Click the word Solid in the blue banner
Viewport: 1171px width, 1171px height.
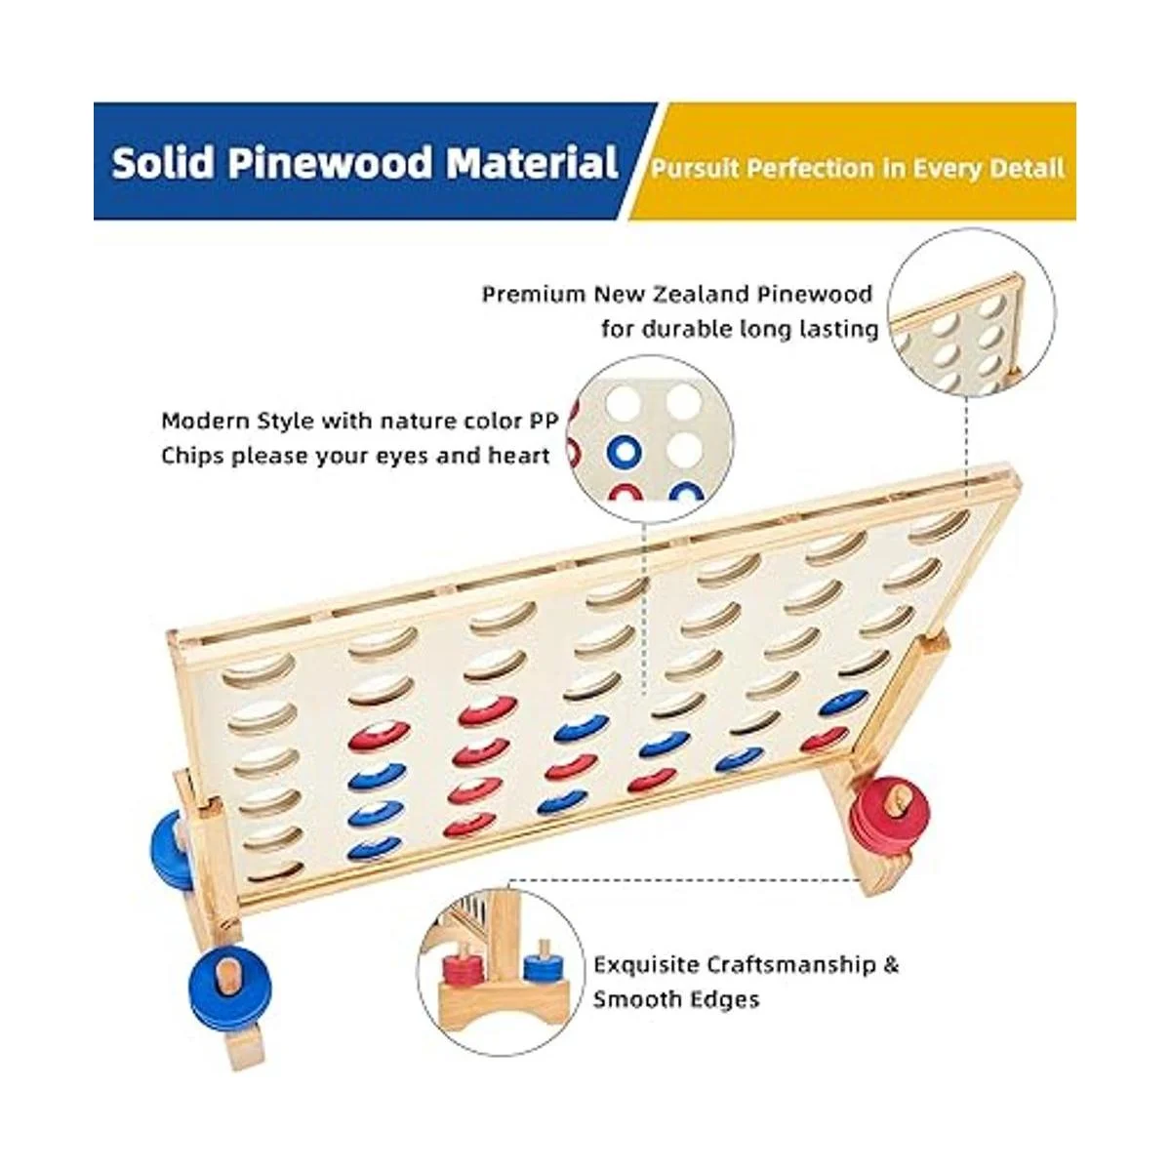(x=162, y=162)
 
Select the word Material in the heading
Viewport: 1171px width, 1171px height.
(x=532, y=162)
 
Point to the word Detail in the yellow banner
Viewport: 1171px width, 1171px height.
(x=1026, y=169)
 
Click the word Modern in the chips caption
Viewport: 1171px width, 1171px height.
(x=198, y=422)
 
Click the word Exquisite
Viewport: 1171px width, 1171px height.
(x=647, y=965)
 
